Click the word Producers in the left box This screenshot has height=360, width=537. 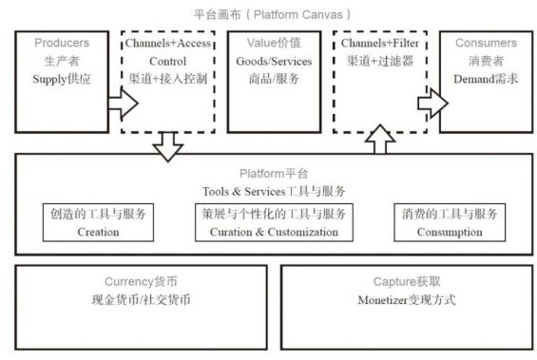(x=62, y=44)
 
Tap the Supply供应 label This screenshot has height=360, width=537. (x=62, y=80)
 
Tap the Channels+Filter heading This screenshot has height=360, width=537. (x=379, y=44)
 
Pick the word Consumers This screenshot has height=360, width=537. (x=486, y=44)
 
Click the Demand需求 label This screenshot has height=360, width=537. (x=486, y=80)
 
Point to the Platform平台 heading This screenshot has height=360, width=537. (x=274, y=174)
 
